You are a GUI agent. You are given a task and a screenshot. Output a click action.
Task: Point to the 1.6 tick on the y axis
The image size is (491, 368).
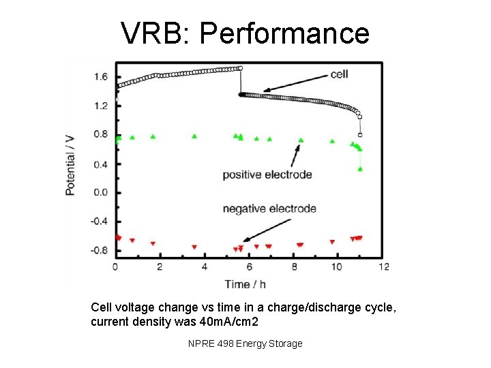[100, 77]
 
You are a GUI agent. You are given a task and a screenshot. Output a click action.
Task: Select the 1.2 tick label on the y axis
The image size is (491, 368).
[100, 106]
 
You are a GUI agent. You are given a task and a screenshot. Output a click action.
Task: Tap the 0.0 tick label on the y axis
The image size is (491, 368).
[100, 192]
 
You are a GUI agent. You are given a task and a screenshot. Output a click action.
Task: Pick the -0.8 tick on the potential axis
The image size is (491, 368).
[99, 250]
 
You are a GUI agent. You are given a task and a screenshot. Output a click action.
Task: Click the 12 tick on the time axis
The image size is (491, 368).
[384, 266]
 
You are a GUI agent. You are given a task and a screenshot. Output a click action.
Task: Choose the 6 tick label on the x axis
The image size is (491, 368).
[250, 266]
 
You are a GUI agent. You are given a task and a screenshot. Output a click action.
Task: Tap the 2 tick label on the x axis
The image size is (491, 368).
[160, 266]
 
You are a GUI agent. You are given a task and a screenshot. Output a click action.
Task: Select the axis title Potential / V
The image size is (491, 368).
[70, 164]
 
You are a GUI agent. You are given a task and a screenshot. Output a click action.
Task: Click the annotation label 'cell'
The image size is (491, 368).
[340, 74]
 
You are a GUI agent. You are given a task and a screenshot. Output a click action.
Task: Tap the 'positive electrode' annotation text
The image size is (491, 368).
[267, 174]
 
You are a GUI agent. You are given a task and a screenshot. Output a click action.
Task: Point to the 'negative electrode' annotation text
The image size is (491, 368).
[269, 209]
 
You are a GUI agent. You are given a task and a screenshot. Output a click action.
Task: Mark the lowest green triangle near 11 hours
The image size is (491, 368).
[360, 168]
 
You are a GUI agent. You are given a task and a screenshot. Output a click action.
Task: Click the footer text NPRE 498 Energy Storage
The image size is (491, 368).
[245, 343]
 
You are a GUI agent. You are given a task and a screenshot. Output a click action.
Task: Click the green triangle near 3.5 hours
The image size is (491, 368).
[194, 136]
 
